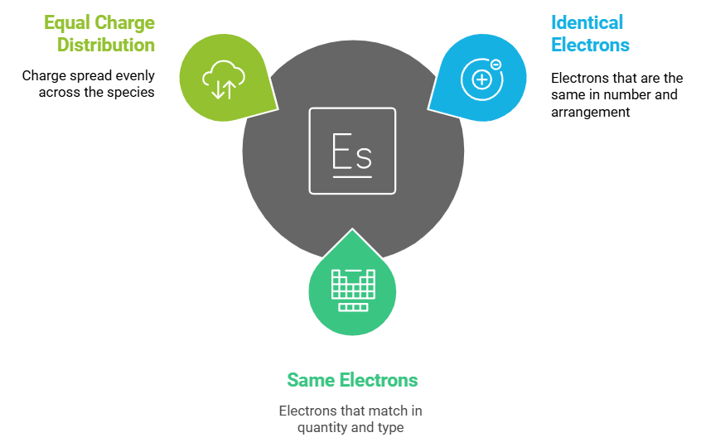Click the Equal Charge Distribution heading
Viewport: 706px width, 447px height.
tap(99, 33)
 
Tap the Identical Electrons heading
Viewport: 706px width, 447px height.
tap(590, 33)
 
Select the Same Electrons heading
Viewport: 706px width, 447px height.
tap(352, 380)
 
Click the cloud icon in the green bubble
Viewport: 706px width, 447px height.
tap(224, 79)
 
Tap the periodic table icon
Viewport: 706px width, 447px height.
tap(352, 289)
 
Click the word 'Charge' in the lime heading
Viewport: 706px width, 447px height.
tap(124, 22)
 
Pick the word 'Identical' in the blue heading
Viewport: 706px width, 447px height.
tap(588, 22)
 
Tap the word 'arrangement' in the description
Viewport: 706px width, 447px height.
tap(590, 111)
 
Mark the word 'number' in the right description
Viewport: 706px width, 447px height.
tap(629, 94)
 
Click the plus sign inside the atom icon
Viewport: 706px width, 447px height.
tap(481, 79)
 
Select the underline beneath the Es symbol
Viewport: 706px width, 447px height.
tap(351, 175)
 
